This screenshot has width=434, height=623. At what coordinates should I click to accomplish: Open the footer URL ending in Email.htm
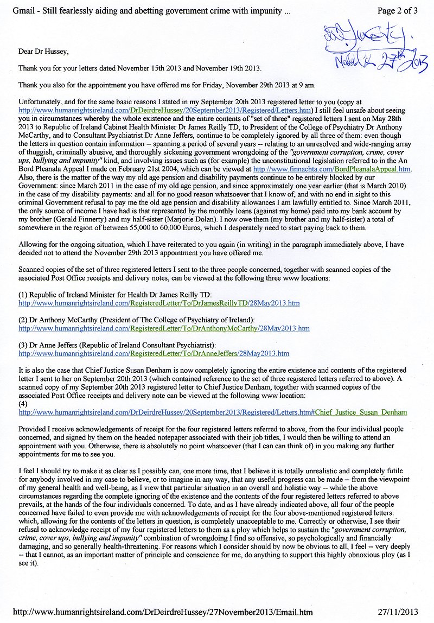pyautogui.click(x=162, y=612)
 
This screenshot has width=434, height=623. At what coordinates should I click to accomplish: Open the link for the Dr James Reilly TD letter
pyautogui.click(x=159, y=303)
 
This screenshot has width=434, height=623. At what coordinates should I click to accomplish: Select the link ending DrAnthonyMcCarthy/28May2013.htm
pyautogui.click(x=164, y=328)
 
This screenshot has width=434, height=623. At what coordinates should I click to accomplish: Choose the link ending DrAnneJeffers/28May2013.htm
pyautogui.click(x=154, y=354)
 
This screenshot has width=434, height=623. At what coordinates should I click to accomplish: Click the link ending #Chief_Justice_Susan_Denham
pyautogui.click(x=213, y=412)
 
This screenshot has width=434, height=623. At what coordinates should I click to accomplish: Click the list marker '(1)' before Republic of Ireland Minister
pyautogui.click(x=23, y=294)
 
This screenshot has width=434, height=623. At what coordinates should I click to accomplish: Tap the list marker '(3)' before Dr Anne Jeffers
pyautogui.click(x=23, y=345)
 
